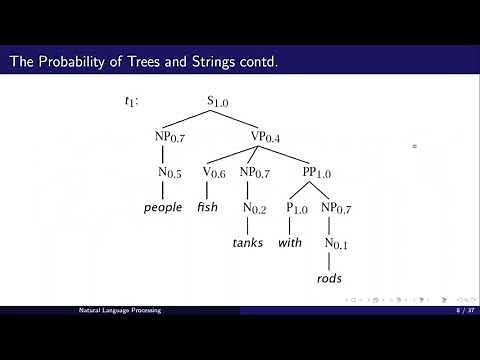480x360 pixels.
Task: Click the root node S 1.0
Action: tap(217, 101)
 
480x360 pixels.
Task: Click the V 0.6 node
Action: tap(214, 172)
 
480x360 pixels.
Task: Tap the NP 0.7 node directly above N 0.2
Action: tap(255, 172)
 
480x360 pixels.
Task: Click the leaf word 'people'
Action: tap(163, 207)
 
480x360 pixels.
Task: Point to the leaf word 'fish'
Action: tap(208, 207)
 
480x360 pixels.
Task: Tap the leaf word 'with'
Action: tap(290, 243)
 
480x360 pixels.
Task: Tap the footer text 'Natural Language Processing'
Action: tap(120, 311)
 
